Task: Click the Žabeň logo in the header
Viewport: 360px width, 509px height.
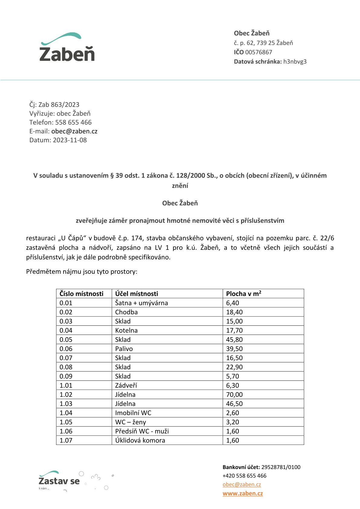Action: (x=67, y=47)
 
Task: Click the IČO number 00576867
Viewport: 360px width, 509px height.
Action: (x=258, y=52)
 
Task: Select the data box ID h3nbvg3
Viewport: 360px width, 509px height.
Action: (x=295, y=62)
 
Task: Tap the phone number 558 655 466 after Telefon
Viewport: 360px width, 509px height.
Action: (x=73, y=122)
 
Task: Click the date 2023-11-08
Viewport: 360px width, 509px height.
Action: (x=70, y=140)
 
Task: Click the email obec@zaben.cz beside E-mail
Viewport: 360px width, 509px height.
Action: (x=74, y=131)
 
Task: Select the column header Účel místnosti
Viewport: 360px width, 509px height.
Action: (x=136, y=294)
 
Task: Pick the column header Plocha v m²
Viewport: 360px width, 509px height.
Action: (x=244, y=294)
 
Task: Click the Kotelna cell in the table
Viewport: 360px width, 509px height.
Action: (x=126, y=330)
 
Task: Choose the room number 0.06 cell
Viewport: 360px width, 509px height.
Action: (x=66, y=349)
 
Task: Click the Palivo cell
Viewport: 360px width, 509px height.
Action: (x=124, y=349)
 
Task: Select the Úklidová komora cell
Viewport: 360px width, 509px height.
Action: (x=140, y=440)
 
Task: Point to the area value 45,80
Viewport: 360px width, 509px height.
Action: (x=234, y=340)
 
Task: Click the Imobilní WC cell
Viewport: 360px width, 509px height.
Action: (x=133, y=413)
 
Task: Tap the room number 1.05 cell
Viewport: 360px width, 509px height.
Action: (x=66, y=422)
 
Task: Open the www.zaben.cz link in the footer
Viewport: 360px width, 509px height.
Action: (x=243, y=494)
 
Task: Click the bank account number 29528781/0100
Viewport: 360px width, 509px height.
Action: (x=281, y=467)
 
